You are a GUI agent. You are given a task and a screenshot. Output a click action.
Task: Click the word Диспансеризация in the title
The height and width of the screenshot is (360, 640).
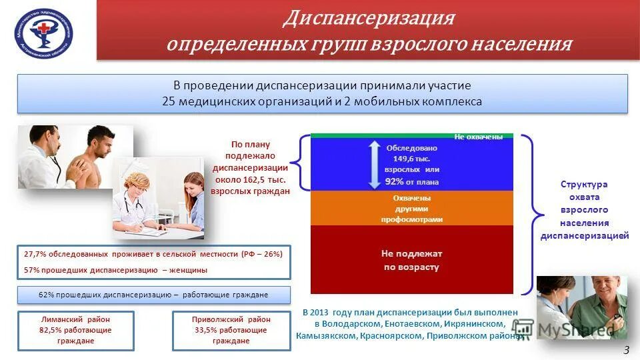coord(368,18)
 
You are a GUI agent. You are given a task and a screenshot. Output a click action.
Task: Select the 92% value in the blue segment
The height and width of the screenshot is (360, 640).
coord(394,181)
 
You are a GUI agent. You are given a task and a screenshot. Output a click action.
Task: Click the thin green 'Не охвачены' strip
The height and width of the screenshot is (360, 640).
coord(411,136)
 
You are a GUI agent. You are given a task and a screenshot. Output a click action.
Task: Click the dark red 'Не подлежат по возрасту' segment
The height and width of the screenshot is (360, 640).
coord(411,260)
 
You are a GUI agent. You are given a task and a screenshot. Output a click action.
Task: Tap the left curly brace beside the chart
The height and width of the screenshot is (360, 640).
coord(301,163)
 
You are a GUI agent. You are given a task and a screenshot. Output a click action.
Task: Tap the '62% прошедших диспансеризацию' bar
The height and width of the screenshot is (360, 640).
coord(153,295)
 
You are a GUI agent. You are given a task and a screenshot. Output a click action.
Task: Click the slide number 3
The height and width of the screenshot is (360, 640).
coord(626,351)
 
